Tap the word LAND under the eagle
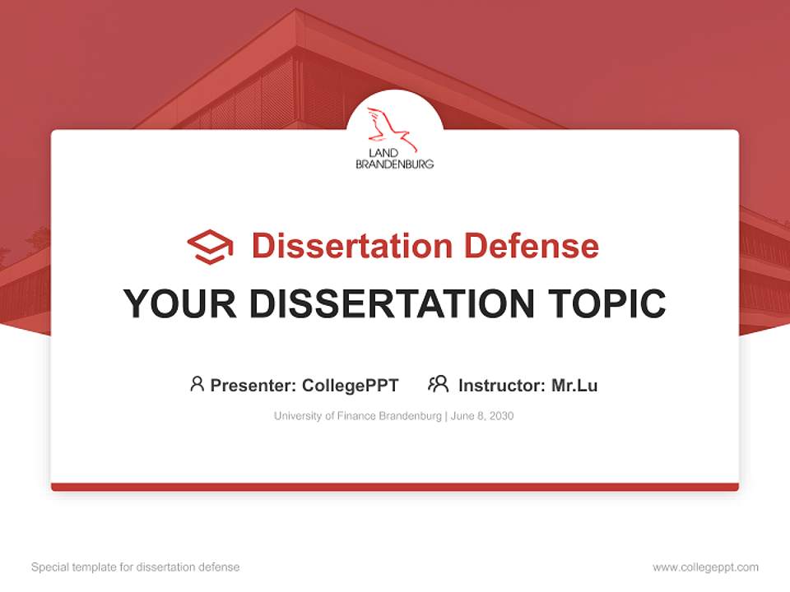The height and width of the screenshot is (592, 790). pos(383,154)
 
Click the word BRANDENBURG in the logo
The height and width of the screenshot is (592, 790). pos(394,164)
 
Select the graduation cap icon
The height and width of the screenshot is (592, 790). pos(210,246)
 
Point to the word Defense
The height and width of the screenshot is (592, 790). pos(531,246)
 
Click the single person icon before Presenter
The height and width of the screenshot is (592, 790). pos(197,384)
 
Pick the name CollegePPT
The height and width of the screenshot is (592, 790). pos(351,385)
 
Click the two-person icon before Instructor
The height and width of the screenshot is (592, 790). pos(438,384)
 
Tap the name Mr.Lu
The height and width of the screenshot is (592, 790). pos(574,385)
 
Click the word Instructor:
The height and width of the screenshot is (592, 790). pos(502,385)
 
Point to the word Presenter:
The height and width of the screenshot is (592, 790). pos(253,385)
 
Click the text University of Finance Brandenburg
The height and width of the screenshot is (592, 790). pos(358,416)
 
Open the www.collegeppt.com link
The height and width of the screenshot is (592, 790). pos(705,567)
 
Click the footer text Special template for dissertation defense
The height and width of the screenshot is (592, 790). pos(136,567)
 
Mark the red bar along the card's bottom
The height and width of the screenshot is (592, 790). pos(395,487)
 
